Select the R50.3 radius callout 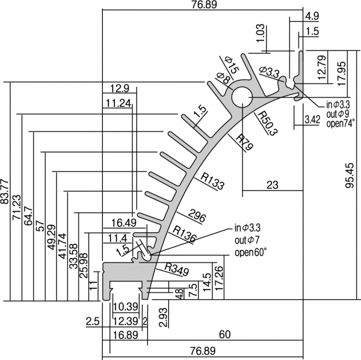pyautogui.click(x=265, y=123)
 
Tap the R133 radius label pyautogui.click(x=214, y=180)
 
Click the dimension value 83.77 pyautogui.click(x=7, y=191)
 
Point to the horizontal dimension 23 pyautogui.click(x=272, y=186)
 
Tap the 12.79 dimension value pyautogui.click(x=322, y=67)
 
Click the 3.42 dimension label pyautogui.click(x=312, y=120)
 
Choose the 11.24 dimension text pyautogui.click(x=117, y=103)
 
